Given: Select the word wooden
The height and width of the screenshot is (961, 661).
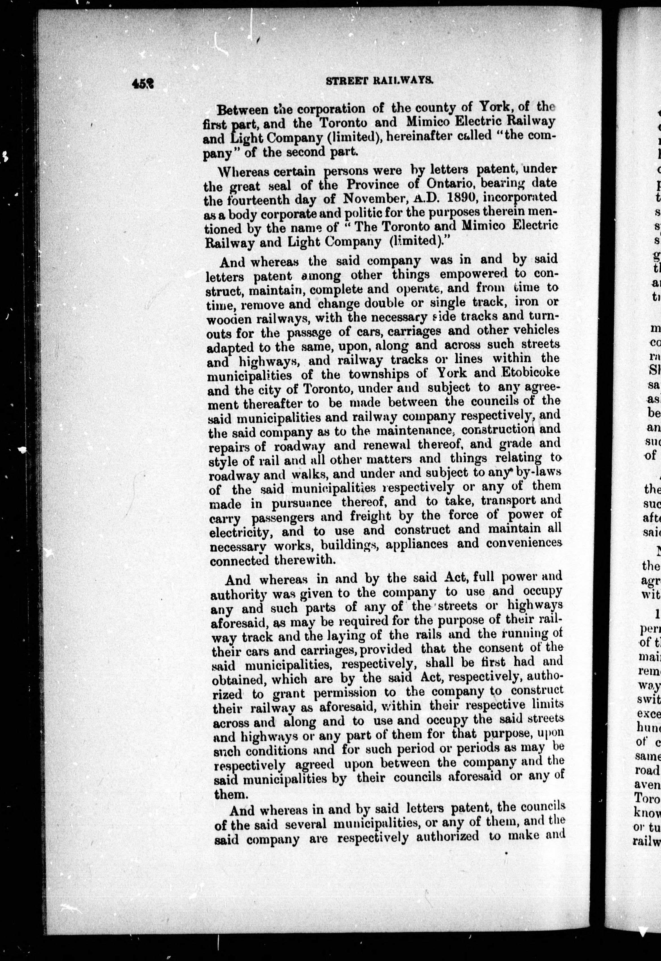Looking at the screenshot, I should coord(229,318).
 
